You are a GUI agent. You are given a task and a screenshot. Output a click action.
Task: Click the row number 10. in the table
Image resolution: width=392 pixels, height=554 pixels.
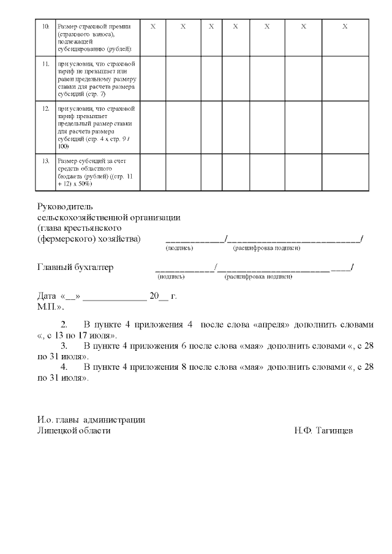[45, 28]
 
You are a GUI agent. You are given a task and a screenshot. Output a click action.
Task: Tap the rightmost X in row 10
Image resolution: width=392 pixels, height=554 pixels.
[345, 27]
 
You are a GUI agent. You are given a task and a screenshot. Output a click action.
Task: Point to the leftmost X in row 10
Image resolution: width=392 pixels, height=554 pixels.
[153, 27]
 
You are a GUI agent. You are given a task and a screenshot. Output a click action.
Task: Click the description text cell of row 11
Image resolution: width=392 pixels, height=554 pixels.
[98, 79]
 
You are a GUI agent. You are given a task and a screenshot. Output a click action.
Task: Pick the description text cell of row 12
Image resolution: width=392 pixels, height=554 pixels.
[98, 127]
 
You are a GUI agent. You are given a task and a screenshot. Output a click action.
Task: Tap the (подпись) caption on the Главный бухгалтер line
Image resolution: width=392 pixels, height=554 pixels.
[171, 277]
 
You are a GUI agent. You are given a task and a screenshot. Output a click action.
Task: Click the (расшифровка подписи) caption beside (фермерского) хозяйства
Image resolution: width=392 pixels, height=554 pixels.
[266, 249]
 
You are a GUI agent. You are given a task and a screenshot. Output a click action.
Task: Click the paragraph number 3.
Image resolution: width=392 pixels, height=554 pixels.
[64, 346]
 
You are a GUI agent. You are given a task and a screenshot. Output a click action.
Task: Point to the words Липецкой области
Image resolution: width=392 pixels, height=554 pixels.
[74, 431]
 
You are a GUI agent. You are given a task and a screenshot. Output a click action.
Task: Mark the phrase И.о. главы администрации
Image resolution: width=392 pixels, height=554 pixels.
[91, 420]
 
